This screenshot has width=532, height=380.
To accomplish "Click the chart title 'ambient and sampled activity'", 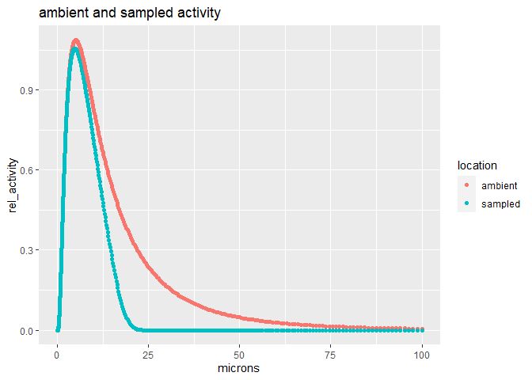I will [118, 13].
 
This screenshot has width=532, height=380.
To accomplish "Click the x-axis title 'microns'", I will [239, 368].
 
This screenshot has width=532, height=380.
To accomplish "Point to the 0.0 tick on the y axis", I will [28, 330].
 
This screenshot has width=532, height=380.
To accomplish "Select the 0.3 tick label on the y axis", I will [28, 250].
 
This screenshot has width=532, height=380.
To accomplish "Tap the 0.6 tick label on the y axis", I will [28, 170].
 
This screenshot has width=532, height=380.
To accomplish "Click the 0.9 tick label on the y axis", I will [28, 89].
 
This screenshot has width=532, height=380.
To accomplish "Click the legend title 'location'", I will [477, 165].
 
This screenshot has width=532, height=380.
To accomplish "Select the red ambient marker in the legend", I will [466, 185].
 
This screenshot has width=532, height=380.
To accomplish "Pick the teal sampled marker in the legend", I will [466, 203].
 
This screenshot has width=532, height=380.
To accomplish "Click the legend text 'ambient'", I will [499, 185].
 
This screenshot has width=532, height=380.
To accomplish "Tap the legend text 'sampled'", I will [500, 203].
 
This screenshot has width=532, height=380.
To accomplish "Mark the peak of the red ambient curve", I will [76, 41].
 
